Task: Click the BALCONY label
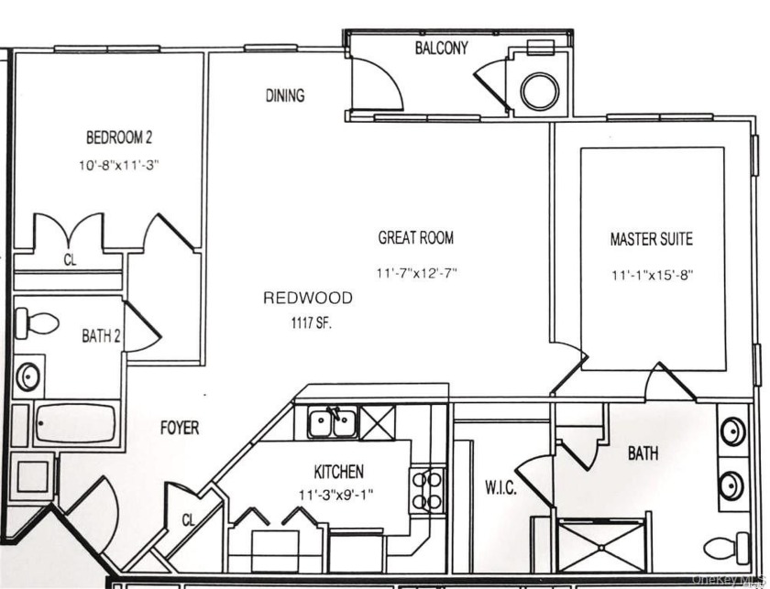pyautogui.click(x=441, y=49)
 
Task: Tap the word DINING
pyautogui.click(x=285, y=95)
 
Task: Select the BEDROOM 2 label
pyautogui.click(x=119, y=138)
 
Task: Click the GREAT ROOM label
pyautogui.click(x=415, y=238)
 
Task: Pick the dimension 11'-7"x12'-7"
pyautogui.click(x=415, y=273)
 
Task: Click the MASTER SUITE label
pyautogui.click(x=651, y=240)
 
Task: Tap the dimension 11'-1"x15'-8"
pyautogui.click(x=651, y=274)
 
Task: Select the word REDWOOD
pyautogui.click(x=308, y=298)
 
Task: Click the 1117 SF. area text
pyautogui.click(x=308, y=322)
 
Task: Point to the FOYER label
pyautogui.click(x=179, y=428)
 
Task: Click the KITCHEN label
pyautogui.click(x=338, y=473)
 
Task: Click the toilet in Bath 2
pyautogui.click(x=36, y=322)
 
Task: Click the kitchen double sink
pyautogui.click(x=333, y=422)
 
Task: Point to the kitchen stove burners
pyautogui.click(x=428, y=489)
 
